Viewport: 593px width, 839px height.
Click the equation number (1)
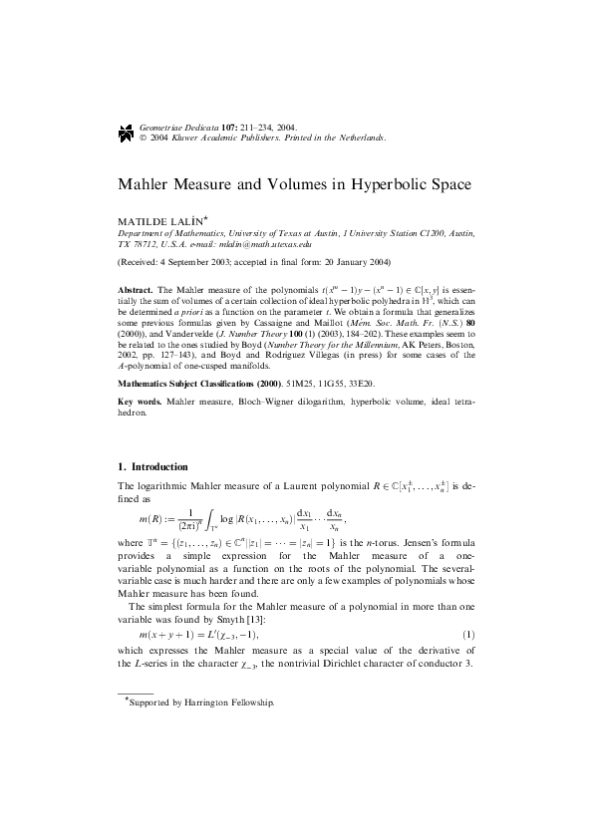[x=468, y=635]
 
